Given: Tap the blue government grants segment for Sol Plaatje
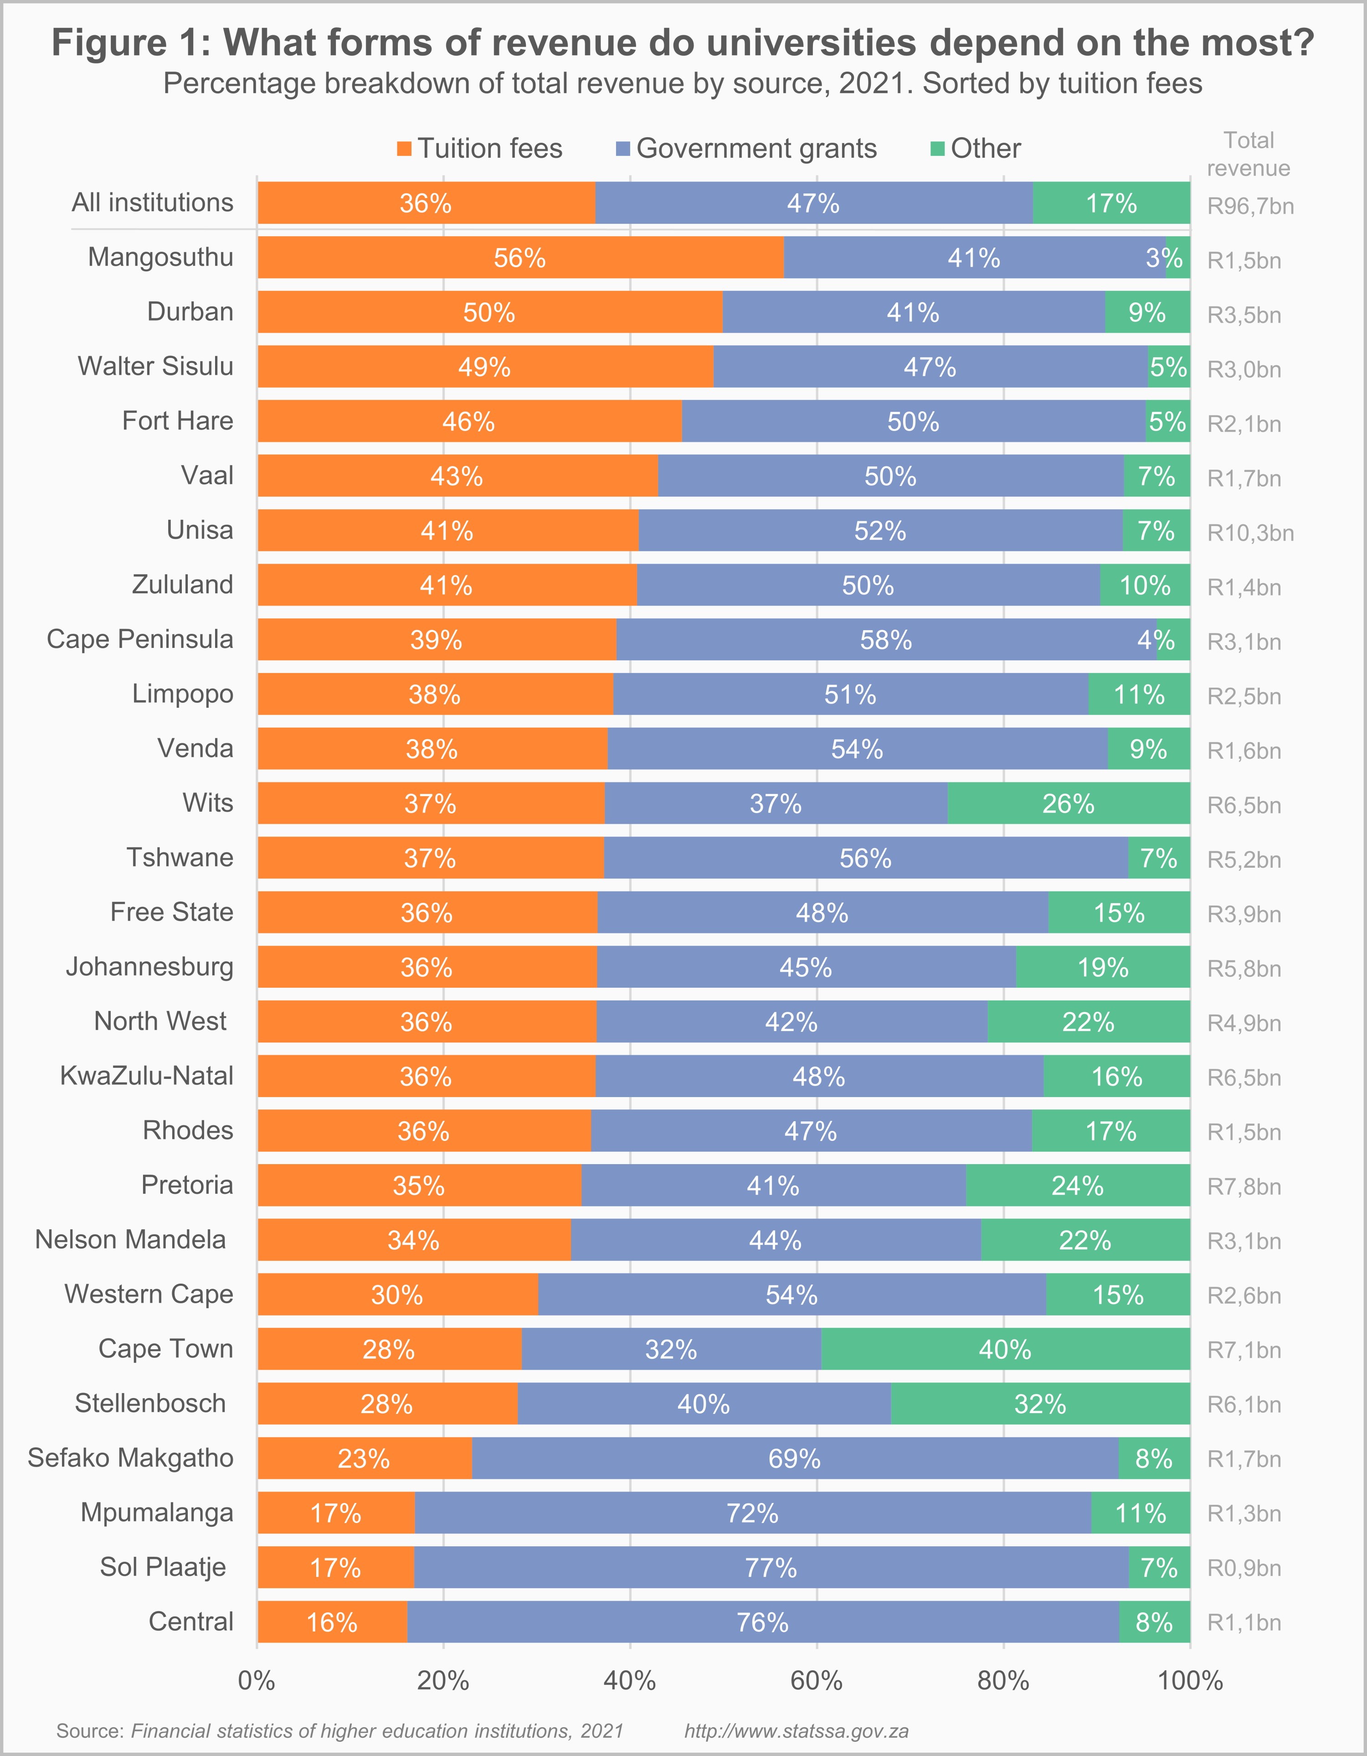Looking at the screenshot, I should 771,1567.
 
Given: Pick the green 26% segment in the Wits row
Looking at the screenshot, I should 1068,803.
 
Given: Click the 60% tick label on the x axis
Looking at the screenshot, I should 817,1680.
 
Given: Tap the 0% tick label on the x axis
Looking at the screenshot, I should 257,1680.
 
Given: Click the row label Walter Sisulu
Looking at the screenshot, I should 155,366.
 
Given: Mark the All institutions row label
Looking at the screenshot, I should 153,202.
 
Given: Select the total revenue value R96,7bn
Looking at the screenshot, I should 1250,207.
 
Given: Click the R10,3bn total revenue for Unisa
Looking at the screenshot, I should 1250,533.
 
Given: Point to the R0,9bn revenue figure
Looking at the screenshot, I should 1244,1568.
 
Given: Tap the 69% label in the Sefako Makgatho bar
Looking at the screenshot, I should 794,1459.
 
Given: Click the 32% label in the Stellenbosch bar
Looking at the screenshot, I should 1040,1404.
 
